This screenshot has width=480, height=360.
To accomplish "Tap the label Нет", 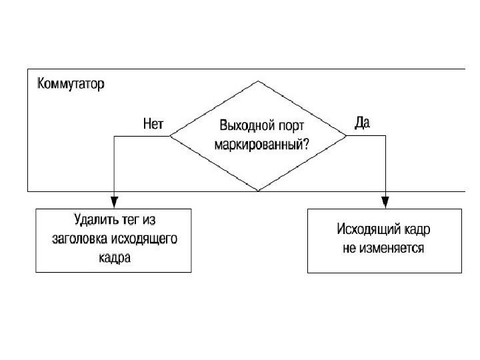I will point(153,123).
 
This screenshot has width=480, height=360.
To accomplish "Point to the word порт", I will point(288,126).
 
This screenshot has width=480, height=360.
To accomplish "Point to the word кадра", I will point(113,257).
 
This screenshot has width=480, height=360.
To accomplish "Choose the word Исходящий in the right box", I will point(363,230).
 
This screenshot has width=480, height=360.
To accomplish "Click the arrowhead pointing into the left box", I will point(114,201).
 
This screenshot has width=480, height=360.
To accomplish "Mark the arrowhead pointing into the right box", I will point(385,201).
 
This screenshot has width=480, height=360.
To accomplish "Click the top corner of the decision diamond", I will point(258,81).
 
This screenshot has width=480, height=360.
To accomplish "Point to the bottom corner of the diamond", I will point(258,191).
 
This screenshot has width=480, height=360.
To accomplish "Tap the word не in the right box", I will point(350,248).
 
